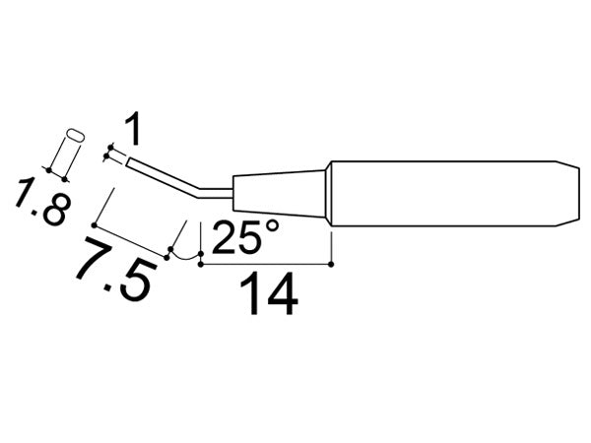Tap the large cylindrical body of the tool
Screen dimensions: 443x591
point(443,193)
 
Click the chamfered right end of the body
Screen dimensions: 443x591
point(566,193)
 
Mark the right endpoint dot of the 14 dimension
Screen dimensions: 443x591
point(332,263)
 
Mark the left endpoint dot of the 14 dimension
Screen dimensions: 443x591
point(201,263)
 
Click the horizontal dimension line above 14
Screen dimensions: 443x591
point(266,263)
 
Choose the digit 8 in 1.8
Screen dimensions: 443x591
point(55,215)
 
